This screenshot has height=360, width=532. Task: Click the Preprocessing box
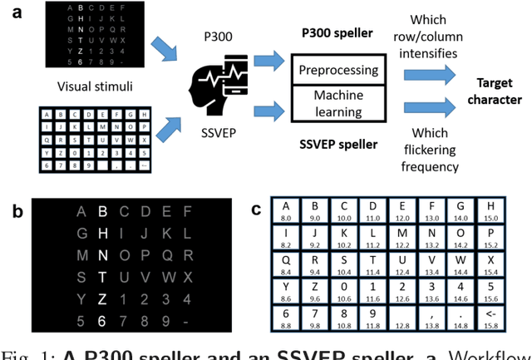(339, 71)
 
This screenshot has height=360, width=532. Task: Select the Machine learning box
(339, 104)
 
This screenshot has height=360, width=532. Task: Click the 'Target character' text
(497, 91)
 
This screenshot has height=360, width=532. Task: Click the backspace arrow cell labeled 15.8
(490, 318)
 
